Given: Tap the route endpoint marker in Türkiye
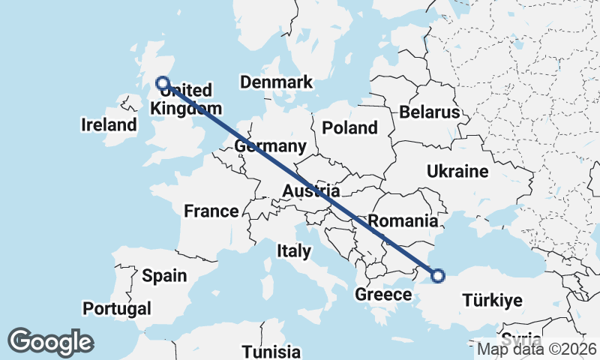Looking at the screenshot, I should [x=438, y=276].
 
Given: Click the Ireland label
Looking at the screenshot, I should [x=109, y=125].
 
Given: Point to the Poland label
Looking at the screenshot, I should [x=349, y=128].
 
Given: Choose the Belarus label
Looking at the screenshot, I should [x=429, y=112].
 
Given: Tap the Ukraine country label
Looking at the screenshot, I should [x=457, y=172].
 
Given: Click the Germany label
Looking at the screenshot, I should [x=270, y=146].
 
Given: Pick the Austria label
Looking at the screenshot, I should [x=310, y=192].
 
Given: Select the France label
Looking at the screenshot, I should [x=211, y=211].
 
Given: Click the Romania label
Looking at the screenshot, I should [x=403, y=221].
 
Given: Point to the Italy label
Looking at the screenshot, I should [x=293, y=250].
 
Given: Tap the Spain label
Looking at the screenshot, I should [x=164, y=276].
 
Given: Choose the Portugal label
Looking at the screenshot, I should [x=117, y=308].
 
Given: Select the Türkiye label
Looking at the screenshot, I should [x=492, y=301].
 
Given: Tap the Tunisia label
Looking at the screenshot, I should [x=271, y=351].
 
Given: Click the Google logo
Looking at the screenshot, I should [x=50, y=342].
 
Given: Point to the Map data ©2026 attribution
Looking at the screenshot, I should [x=537, y=349].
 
